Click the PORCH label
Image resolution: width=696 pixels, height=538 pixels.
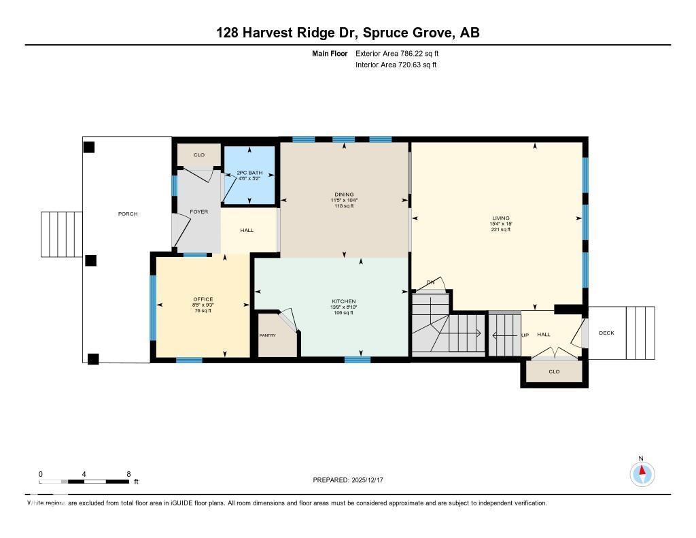pyautogui.click(x=128, y=214)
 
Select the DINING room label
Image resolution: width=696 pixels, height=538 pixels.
pyautogui.click(x=344, y=195)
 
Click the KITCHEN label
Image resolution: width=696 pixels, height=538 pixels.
pyautogui.click(x=344, y=301)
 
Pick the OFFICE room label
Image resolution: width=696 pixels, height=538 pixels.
pyautogui.click(x=203, y=299)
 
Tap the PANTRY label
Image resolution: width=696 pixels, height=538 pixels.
pyautogui.click(x=268, y=335)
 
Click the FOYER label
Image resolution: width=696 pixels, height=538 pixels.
pyautogui.click(x=199, y=212)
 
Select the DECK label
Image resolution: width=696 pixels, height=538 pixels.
pyautogui.click(x=606, y=333)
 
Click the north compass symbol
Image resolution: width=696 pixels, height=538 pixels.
pyautogui.click(x=642, y=473)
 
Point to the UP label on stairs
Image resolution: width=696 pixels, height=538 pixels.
pyautogui.click(x=525, y=335)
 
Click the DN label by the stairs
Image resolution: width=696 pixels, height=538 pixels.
pyautogui.click(x=431, y=282)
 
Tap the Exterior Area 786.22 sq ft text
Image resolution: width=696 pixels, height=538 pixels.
pyautogui.click(x=402, y=53)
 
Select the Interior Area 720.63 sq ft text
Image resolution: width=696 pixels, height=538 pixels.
pyautogui.click(x=396, y=65)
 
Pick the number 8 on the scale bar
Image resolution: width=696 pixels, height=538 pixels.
pyautogui.click(x=128, y=474)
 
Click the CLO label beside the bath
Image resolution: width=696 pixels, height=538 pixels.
pyautogui.click(x=199, y=155)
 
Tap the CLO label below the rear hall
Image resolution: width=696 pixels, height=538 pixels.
pyautogui.click(x=554, y=371)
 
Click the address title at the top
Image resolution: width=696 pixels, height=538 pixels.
pyautogui.click(x=348, y=33)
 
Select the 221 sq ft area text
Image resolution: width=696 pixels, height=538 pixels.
pyautogui.click(x=501, y=230)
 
